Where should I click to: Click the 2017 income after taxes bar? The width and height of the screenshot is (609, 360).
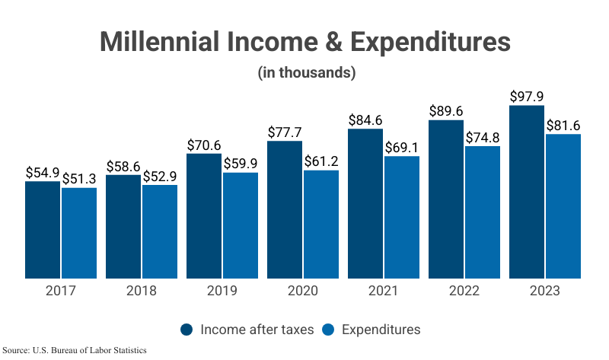click(43, 230)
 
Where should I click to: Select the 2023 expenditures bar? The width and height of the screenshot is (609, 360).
click(563, 206)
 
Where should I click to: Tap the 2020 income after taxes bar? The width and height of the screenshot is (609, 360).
click(285, 210)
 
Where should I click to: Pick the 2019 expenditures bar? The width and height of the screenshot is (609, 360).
click(241, 225)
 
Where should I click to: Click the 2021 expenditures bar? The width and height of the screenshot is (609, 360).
click(402, 218)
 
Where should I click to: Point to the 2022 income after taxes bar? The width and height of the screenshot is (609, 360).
click(446, 199)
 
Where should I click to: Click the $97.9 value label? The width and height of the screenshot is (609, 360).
click(527, 97)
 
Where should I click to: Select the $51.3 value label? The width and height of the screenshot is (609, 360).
click(79, 179)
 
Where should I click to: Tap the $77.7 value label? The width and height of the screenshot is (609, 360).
click(285, 132)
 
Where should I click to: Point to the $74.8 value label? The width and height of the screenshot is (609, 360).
click(483, 137)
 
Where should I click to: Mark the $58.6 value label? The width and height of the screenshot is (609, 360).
click(123, 166)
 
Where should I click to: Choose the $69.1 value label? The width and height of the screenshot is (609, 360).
click(402, 147)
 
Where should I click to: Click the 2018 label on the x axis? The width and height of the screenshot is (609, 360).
click(142, 292)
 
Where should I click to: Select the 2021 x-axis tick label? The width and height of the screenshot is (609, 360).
click(384, 292)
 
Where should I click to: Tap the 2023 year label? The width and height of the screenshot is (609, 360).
click(545, 292)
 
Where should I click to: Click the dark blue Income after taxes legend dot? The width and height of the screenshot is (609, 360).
click(187, 330)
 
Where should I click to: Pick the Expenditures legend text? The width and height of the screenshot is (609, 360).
click(381, 330)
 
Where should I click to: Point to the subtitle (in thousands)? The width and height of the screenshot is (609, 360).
click(305, 73)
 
